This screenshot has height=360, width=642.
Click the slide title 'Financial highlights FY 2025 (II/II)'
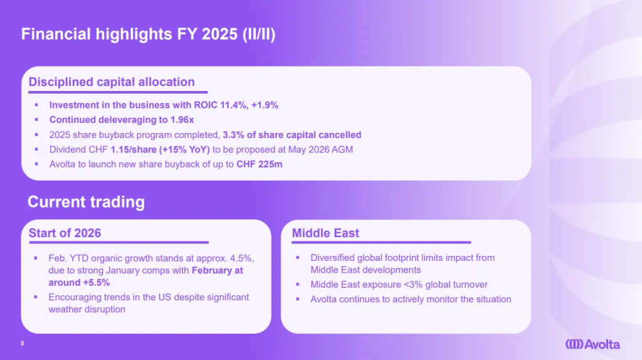click(x=148, y=34)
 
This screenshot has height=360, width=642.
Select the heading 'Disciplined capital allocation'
click(x=112, y=82)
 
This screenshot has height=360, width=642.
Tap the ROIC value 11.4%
click(x=234, y=105)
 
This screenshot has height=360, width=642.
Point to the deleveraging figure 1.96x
click(x=182, y=120)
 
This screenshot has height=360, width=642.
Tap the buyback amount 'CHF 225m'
click(x=259, y=164)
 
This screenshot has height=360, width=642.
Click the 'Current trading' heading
click(x=86, y=202)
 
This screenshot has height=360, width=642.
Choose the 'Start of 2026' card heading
click(x=65, y=233)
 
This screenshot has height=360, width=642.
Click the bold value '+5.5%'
click(x=96, y=283)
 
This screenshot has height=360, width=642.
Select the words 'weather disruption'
click(x=87, y=309)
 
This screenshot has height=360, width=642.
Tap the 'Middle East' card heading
click(x=325, y=233)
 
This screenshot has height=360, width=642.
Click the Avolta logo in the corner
click(x=592, y=344)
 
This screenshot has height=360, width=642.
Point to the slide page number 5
click(x=23, y=344)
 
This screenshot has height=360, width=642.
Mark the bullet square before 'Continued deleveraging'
click(x=36, y=120)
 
